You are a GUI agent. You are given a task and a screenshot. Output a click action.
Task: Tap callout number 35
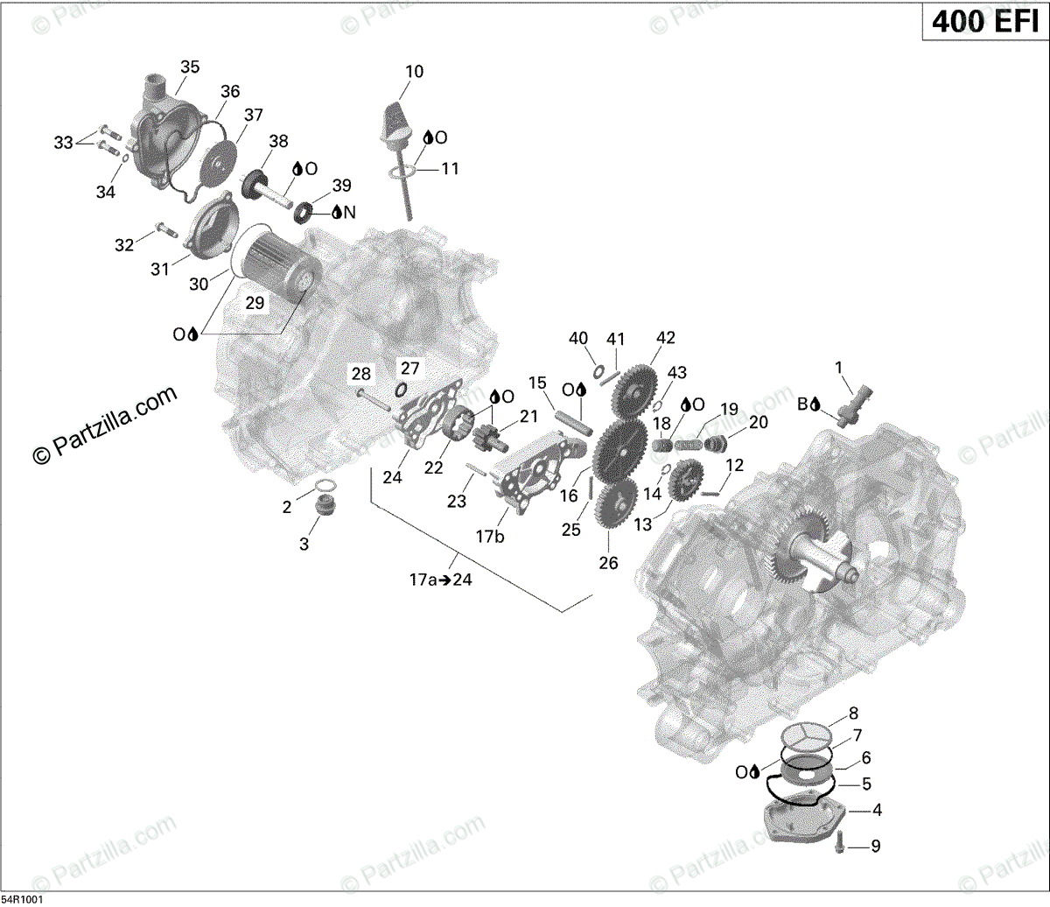coord(189,67)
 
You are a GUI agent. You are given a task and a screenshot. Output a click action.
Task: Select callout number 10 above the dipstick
coord(414,72)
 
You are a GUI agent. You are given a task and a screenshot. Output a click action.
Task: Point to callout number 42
coord(666,338)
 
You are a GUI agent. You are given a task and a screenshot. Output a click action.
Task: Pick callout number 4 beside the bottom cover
coord(877,811)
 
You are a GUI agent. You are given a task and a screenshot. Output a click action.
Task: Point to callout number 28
coord(361,375)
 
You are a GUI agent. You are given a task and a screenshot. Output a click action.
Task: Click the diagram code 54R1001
coord(23,899)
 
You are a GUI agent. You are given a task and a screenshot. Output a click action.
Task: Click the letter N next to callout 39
coord(349,213)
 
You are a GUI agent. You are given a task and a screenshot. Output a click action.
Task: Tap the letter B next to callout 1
coord(801,404)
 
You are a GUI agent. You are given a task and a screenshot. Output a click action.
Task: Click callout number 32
coord(124,245)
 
